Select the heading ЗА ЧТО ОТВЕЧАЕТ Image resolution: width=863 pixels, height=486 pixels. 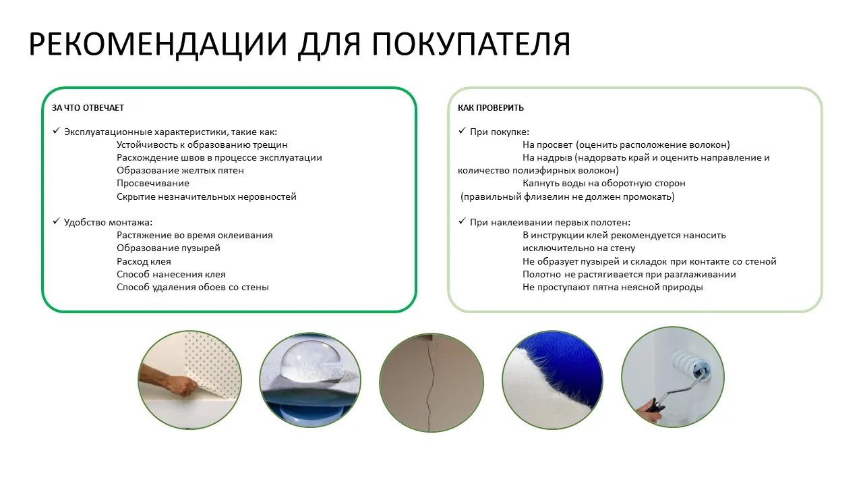pos(88,108)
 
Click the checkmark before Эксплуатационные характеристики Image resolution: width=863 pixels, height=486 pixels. pos(56,131)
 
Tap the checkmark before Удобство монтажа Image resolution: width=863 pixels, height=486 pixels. pos(56,221)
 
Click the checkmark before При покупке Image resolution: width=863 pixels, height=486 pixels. pos(462,131)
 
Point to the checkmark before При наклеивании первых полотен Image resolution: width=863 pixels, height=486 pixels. pos(462,221)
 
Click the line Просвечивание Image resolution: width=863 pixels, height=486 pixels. pos(152,184)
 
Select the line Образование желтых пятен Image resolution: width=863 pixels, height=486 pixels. pos(180,171)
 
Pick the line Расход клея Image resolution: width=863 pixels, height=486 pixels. pos(144,261)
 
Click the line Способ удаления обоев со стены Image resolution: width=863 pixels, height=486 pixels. pos(192,288)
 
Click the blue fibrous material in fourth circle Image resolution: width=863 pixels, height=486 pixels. pos(573,368)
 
